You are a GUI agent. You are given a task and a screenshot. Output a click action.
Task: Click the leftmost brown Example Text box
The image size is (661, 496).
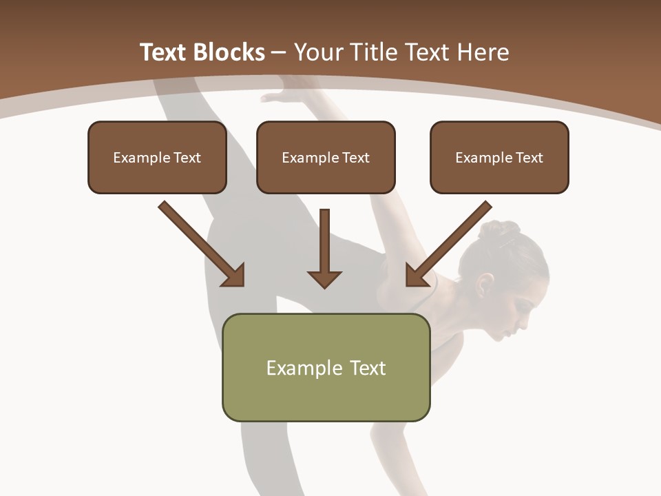[157, 158]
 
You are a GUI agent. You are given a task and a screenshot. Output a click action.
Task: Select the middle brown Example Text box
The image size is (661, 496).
[326, 158]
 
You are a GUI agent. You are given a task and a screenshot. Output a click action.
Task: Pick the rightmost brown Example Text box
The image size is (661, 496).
[499, 158]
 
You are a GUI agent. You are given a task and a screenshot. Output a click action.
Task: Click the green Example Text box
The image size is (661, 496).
[326, 367]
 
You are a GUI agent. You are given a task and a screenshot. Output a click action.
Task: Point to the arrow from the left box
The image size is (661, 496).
[202, 243]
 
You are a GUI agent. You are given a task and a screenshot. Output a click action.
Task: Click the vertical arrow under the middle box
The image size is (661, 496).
[324, 248]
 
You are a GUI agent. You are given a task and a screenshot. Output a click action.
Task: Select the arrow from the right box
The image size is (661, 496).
[448, 243]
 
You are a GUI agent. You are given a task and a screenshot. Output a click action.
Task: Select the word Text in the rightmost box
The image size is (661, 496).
[529, 158]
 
